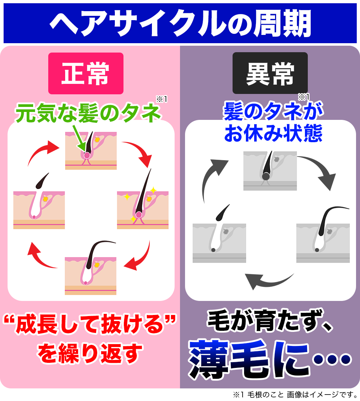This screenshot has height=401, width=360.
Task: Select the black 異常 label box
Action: click(270, 73)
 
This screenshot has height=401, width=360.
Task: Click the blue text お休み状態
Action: click(273, 134)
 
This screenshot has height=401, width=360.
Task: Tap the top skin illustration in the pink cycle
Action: click(91, 150)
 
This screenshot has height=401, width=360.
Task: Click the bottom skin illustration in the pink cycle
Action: click(91, 275)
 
